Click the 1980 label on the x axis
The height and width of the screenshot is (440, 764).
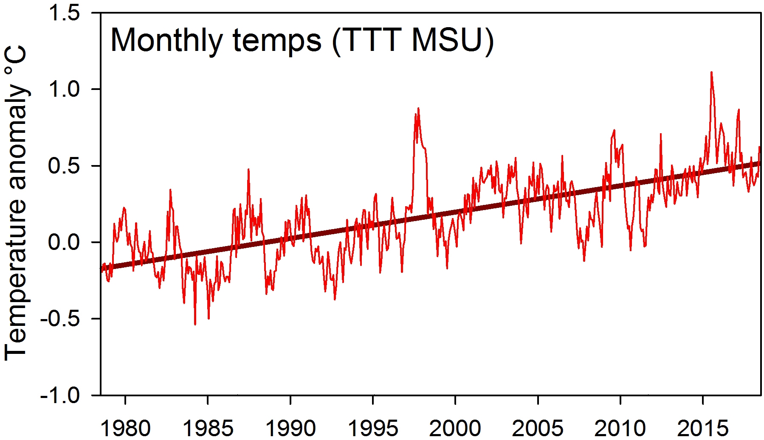[x=125, y=428]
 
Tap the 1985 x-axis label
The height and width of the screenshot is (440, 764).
[x=208, y=428]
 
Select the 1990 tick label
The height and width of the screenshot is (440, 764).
[x=290, y=428]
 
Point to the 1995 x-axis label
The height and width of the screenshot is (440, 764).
[x=373, y=428]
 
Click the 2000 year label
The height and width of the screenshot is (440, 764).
[x=455, y=428]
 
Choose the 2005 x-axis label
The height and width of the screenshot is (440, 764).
[x=538, y=428]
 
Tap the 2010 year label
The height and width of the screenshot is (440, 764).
[x=620, y=428]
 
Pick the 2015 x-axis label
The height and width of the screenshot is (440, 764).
[x=703, y=428]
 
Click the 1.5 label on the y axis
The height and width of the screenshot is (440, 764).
[x=64, y=13]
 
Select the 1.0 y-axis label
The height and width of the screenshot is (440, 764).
[x=64, y=90]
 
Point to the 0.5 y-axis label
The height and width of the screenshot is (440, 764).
[x=64, y=166]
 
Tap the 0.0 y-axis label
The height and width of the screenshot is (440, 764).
[x=64, y=242]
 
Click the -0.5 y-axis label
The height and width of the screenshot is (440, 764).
[x=60, y=319]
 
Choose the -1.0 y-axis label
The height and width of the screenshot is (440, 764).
[x=60, y=395]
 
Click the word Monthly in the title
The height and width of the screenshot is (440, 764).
[x=166, y=41]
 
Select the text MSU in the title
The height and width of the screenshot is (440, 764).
[x=447, y=40]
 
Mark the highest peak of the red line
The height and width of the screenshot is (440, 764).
[x=711, y=73]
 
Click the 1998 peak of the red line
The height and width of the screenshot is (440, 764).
[x=418, y=109]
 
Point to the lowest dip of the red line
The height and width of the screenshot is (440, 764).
[x=195, y=324]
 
